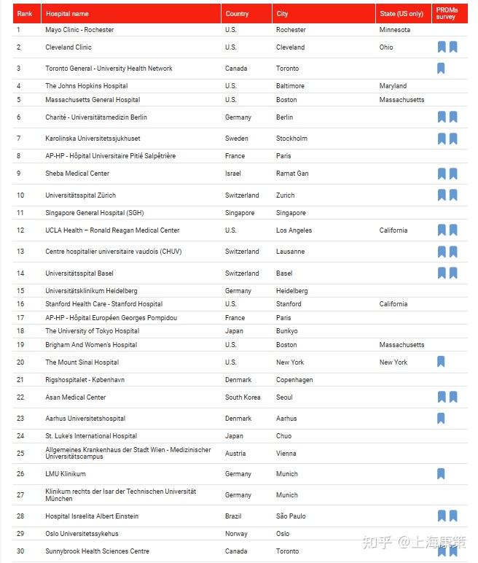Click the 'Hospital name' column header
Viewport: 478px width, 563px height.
(67, 14)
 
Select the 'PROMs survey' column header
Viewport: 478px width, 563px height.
(446, 13)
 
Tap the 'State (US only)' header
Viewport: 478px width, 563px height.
(401, 14)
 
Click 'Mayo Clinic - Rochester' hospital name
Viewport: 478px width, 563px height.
(79, 30)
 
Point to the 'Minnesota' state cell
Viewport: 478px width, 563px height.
(394, 30)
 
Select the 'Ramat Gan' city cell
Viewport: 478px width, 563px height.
(292, 174)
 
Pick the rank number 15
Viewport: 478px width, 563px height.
(20, 290)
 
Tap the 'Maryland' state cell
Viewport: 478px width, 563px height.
(393, 86)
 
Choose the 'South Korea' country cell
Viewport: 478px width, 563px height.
(243, 397)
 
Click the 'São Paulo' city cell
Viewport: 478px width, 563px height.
(291, 516)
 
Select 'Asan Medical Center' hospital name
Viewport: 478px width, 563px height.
(76, 397)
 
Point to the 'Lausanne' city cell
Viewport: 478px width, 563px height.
(290, 252)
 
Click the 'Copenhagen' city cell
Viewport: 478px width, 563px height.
(294, 380)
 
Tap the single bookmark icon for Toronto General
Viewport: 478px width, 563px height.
(441, 69)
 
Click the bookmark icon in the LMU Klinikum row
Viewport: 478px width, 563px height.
(441, 474)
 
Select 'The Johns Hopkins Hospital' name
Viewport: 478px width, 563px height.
(87, 86)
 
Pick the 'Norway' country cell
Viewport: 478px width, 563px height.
(236, 534)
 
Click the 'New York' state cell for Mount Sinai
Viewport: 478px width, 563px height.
(393, 362)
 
